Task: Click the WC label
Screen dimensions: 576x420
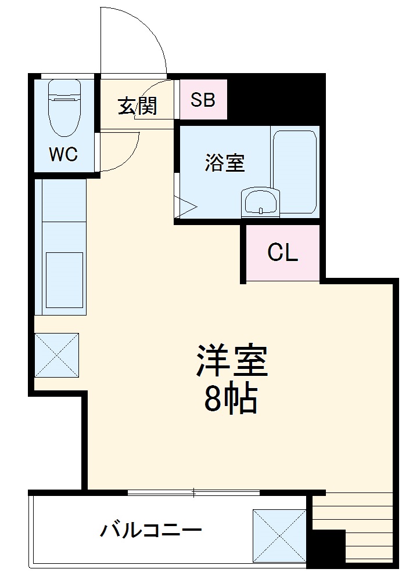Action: point(63,155)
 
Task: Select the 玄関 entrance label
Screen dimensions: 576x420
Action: point(137,106)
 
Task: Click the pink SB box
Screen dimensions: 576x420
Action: point(203,100)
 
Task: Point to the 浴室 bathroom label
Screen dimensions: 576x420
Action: point(224,164)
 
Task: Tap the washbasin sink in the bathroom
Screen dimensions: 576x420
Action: point(260,202)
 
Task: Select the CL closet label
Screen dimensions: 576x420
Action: point(283,252)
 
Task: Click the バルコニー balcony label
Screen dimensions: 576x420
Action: point(151,530)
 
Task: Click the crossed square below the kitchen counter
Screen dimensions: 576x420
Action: point(56,355)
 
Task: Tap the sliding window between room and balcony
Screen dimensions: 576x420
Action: point(193,493)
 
